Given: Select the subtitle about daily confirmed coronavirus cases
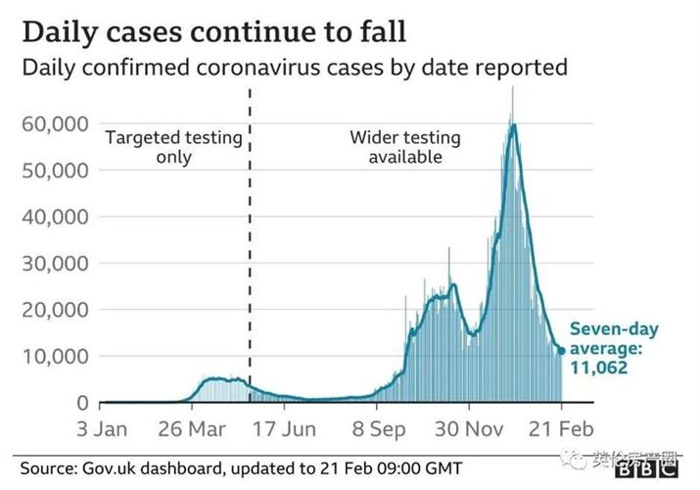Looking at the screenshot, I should (x=294, y=68).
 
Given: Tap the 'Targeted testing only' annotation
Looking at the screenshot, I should (x=173, y=147).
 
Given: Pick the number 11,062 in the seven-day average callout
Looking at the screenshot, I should (x=599, y=368).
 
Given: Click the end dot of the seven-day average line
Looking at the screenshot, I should (x=561, y=350).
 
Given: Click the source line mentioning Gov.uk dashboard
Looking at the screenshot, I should (x=240, y=468).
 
